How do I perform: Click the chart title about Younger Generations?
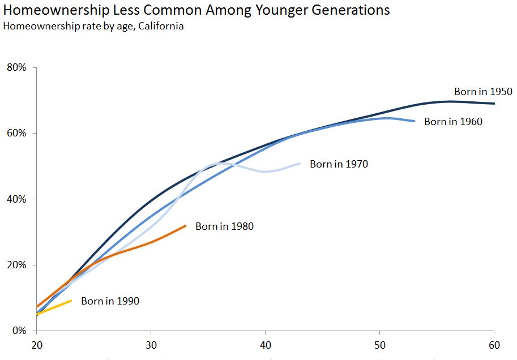pyautogui.click(x=196, y=10)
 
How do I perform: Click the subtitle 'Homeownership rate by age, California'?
pyautogui.click(x=93, y=26)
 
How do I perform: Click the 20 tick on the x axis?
pyautogui.click(x=36, y=344)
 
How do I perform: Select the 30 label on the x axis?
pyautogui.click(x=151, y=344)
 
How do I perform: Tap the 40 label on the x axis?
pyautogui.click(x=265, y=344)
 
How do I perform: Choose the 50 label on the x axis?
pyautogui.click(x=380, y=344)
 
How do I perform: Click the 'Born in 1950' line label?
pyautogui.click(x=483, y=92)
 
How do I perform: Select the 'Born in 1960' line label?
pyautogui.click(x=453, y=122)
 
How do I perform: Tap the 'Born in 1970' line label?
pyautogui.click(x=339, y=165)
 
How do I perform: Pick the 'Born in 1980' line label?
pyautogui.click(x=224, y=226)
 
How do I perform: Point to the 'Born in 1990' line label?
pyautogui.click(x=110, y=301)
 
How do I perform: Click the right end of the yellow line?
pyautogui.click(x=71, y=301)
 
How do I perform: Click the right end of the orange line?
pyautogui.click(x=185, y=226)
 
